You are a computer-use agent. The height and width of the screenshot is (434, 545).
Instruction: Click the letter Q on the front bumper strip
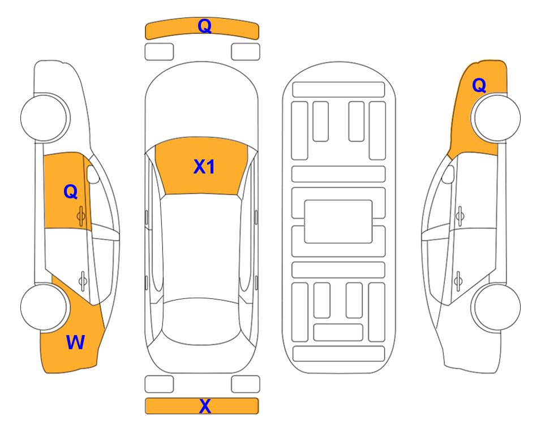(x=204, y=26)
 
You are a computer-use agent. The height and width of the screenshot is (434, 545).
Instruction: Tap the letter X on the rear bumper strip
(x=205, y=406)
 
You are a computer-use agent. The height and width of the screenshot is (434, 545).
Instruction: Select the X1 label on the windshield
(x=204, y=167)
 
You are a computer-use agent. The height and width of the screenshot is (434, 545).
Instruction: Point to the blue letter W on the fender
(x=75, y=342)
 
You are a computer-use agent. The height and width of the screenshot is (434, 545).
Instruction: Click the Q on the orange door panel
(x=71, y=192)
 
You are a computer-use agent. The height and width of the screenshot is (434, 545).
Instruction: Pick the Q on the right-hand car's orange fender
(x=479, y=85)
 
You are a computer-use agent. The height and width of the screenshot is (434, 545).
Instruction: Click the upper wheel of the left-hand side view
(x=45, y=118)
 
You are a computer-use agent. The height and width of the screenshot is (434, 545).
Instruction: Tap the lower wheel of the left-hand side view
(x=45, y=307)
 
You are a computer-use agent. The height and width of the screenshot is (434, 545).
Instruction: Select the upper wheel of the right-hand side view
(x=497, y=118)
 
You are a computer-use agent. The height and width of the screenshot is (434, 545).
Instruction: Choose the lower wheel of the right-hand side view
(x=497, y=307)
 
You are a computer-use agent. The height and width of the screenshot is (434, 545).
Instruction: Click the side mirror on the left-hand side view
(x=93, y=175)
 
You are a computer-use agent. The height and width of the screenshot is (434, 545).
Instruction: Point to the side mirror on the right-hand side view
(x=448, y=175)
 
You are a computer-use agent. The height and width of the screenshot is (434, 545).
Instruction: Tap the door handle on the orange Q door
(x=81, y=216)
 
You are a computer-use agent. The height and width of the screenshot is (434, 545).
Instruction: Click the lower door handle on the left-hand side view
(x=83, y=280)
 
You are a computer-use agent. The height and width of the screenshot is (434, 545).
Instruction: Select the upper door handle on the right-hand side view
(x=460, y=216)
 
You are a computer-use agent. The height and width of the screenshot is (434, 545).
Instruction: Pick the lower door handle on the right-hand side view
(x=458, y=280)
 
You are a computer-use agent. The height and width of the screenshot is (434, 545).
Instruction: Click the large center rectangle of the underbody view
(x=338, y=222)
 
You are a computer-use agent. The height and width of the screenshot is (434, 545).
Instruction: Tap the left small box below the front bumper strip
(x=159, y=52)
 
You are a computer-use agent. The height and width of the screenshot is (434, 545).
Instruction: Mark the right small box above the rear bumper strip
(x=246, y=384)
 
